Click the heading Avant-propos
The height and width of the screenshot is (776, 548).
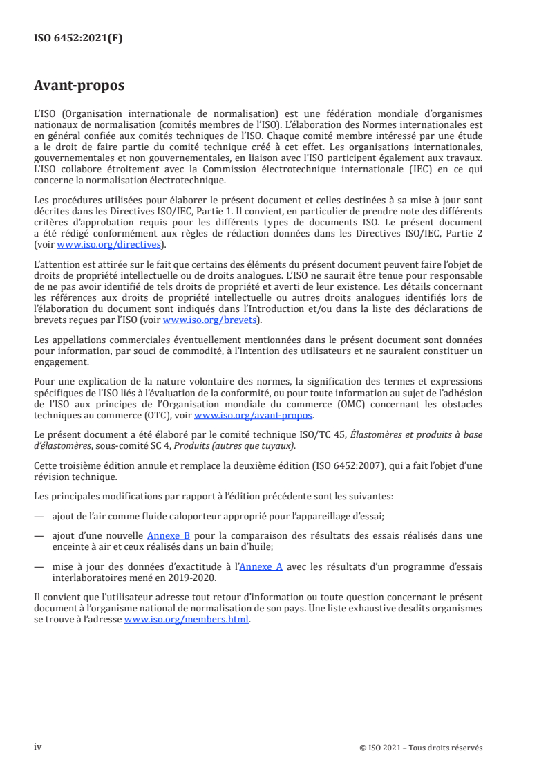coord(79,86)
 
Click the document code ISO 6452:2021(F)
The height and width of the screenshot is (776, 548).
coord(78,38)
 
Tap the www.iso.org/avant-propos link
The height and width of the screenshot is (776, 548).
coord(254,416)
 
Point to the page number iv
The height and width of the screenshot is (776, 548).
coord(38,747)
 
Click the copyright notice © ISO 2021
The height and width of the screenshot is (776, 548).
coord(421,748)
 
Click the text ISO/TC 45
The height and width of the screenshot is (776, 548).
coord(324,434)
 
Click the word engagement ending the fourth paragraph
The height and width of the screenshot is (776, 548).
coord(61,362)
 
